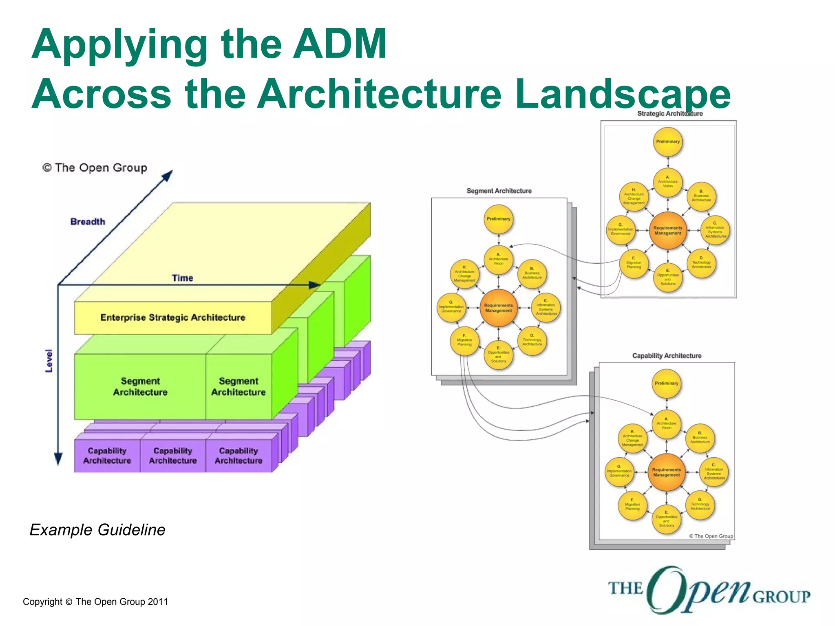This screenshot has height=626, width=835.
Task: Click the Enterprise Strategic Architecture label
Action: pyautogui.click(x=173, y=317)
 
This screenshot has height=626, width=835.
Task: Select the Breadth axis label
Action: pyautogui.click(x=88, y=222)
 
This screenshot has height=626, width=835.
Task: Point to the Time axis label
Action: pyautogui.click(x=182, y=278)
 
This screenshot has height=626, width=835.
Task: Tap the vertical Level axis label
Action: pyautogui.click(x=49, y=361)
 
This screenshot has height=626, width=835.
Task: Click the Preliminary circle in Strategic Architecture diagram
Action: pyautogui.click(x=668, y=142)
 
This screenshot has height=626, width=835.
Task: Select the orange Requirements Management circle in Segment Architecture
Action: pyautogui.click(x=498, y=308)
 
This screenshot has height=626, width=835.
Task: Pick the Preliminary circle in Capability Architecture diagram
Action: pyautogui.click(x=667, y=384)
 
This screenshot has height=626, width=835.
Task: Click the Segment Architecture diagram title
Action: pyautogui.click(x=499, y=191)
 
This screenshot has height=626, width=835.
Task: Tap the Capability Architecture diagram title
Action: pyautogui.click(x=667, y=356)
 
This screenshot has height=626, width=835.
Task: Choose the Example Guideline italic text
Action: pyautogui.click(x=97, y=530)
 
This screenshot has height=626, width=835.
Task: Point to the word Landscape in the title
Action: pyautogui.click(x=622, y=95)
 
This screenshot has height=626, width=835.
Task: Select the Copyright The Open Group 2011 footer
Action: pyautogui.click(x=95, y=602)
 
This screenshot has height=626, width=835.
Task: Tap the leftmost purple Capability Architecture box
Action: pyautogui.click(x=107, y=456)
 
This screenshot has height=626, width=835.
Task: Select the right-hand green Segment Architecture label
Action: pyautogui.click(x=239, y=386)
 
